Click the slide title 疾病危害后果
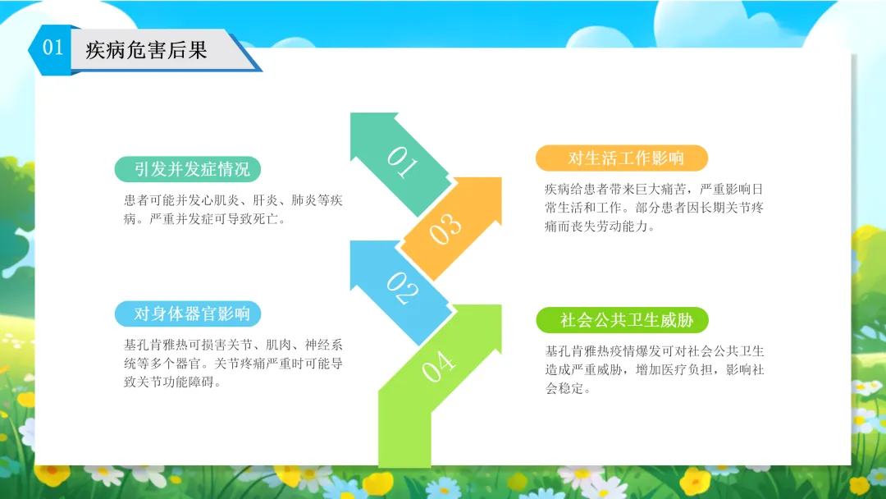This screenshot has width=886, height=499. click(x=146, y=50)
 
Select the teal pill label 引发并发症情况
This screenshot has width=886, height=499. click(x=188, y=169)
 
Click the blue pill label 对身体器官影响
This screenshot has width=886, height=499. click(x=188, y=314)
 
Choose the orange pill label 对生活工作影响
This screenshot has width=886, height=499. click(x=622, y=158)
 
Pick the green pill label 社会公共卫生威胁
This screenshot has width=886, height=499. click(x=622, y=320)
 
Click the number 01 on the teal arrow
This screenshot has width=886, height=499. click(x=402, y=163)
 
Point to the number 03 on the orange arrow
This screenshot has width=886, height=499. click(x=445, y=228)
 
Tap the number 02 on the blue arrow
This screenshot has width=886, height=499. click(x=402, y=288)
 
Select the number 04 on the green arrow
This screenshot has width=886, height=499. click(x=438, y=366)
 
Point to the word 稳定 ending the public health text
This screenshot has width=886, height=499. click(x=570, y=389)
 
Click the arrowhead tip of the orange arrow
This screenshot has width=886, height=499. click(x=500, y=179)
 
